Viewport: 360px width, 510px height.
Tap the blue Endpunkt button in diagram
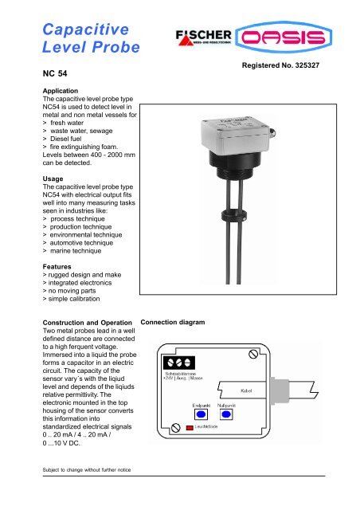(202, 414)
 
